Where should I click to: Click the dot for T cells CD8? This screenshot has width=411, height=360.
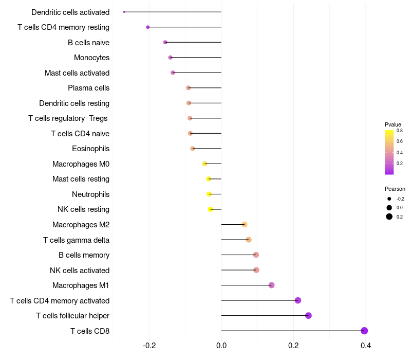364,331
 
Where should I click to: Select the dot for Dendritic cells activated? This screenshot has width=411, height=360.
124,12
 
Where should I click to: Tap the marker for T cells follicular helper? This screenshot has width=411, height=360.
308,315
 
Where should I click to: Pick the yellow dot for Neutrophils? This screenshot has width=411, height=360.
209,194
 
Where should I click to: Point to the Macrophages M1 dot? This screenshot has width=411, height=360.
272,285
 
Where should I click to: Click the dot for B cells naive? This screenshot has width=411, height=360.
165,42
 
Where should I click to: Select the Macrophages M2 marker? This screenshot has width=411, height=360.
245,224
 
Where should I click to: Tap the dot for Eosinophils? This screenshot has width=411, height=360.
192,149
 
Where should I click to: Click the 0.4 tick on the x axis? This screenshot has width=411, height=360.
366,345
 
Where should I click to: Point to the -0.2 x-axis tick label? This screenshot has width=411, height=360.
149,345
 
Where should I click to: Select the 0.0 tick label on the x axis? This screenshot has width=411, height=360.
221,345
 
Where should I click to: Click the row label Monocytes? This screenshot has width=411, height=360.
92,58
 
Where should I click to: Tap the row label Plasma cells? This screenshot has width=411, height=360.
88,88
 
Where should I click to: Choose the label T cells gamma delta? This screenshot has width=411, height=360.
76,240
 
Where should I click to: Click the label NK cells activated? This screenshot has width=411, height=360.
80,271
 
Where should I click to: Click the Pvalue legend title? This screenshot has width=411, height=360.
393,124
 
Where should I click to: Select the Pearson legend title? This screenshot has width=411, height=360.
395,189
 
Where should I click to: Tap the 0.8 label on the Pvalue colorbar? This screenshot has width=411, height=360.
400,131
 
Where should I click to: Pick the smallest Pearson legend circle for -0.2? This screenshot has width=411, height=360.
389,199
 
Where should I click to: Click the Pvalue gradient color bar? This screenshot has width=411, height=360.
389,152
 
